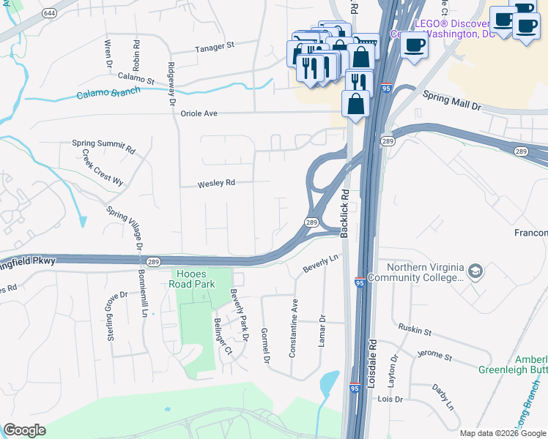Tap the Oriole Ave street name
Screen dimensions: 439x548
200,113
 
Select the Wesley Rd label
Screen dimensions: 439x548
216,184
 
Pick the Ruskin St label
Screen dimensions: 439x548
415,331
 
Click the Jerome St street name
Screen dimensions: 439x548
434,356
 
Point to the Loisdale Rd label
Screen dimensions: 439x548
371,362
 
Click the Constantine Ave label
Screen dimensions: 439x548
293,327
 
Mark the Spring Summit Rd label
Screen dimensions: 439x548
103,146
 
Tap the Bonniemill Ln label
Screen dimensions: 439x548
143,293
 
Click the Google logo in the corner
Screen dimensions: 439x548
24,430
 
